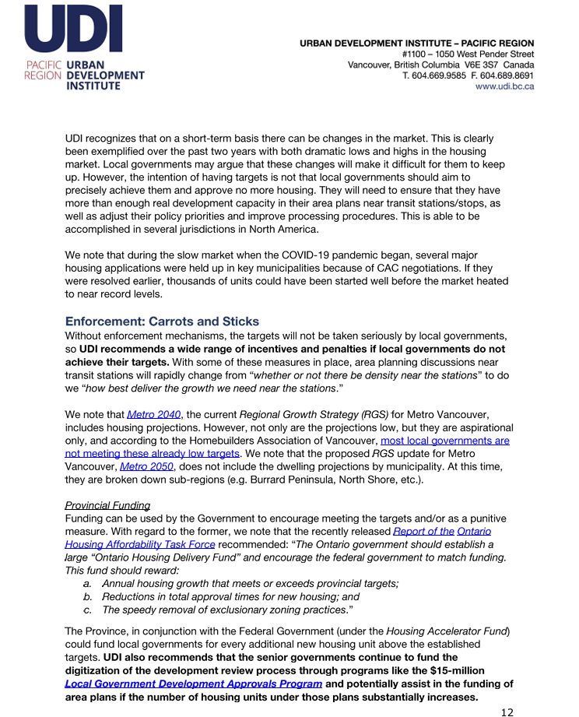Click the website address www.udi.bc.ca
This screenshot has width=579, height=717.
pyautogui.click(x=504, y=86)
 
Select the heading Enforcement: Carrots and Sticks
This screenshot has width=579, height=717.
pyautogui.click(x=162, y=322)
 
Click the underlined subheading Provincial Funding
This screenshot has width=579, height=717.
pyautogui.click(x=107, y=505)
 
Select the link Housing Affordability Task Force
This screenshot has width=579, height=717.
pyautogui.click(x=140, y=544)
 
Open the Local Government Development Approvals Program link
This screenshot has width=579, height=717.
pyautogui.click(x=193, y=684)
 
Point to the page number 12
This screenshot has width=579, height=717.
pyautogui.click(x=507, y=711)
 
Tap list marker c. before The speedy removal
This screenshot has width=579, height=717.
pyautogui.click(x=88, y=610)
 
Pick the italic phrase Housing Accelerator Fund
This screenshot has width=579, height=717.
pyautogui.click(x=447, y=631)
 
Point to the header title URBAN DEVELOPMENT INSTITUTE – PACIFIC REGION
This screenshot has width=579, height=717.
pyautogui.click(x=417, y=44)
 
